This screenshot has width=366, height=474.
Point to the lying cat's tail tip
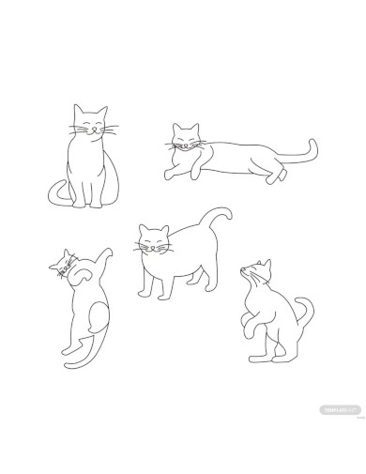313,143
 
